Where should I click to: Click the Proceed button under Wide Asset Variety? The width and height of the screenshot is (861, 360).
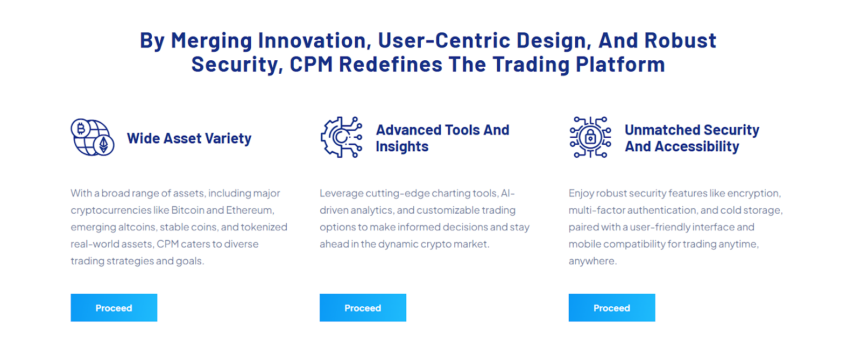pyautogui.click(x=114, y=308)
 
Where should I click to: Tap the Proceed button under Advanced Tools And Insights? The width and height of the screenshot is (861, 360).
pyautogui.click(x=363, y=308)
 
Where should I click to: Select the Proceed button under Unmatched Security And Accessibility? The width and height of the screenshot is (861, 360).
pyautogui.click(x=612, y=308)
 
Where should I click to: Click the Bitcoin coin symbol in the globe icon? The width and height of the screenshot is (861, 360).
pyautogui.click(x=81, y=128)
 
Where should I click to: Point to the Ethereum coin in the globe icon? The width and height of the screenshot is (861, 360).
pyautogui.click(x=104, y=145)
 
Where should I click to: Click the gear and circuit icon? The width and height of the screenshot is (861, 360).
pyautogui.click(x=341, y=137)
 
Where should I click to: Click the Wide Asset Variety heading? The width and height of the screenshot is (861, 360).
pyautogui.click(x=189, y=138)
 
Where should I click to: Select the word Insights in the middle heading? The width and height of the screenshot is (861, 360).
pyautogui.click(x=402, y=147)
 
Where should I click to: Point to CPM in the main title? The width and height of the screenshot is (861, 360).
pyautogui.click(x=311, y=65)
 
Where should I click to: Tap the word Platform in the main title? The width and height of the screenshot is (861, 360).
pyautogui.click(x=620, y=65)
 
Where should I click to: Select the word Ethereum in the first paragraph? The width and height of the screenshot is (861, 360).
pyautogui.click(x=250, y=210)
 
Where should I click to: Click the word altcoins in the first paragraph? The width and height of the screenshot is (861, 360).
pyautogui.click(x=137, y=227)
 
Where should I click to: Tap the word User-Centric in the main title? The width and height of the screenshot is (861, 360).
pyautogui.click(x=444, y=41)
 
